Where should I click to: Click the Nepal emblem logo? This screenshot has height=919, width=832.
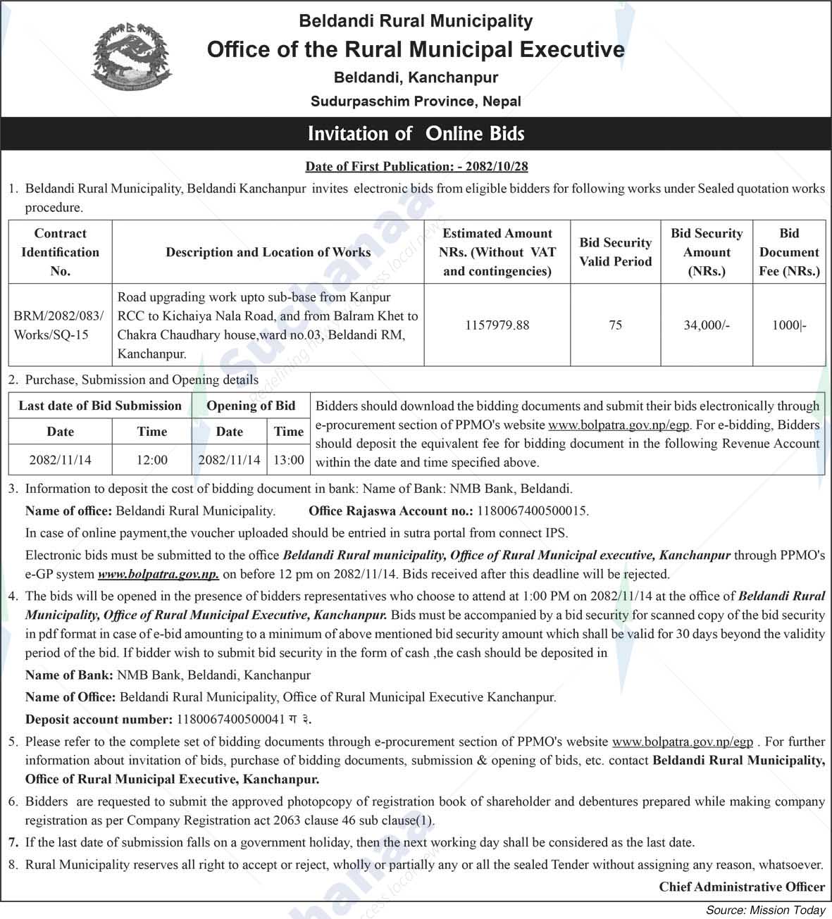click(132, 59)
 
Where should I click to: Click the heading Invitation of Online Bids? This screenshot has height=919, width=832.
click(416, 134)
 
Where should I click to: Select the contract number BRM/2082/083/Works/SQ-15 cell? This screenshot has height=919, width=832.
click(60, 325)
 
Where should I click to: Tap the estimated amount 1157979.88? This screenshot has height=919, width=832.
click(497, 325)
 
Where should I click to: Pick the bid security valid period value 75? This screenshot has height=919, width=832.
click(615, 325)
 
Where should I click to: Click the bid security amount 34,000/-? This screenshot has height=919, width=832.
click(707, 325)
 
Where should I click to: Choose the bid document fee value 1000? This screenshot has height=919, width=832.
click(789, 325)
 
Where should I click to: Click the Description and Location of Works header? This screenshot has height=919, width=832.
click(268, 252)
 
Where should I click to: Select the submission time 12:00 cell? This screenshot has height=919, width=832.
click(152, 460)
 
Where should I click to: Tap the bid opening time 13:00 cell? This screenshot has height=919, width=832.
click(289, 460)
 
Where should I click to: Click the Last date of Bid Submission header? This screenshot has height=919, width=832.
click(100, 406)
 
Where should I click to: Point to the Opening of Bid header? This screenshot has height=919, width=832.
click(251, 406)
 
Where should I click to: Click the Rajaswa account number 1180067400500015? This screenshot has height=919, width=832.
click(533, 511)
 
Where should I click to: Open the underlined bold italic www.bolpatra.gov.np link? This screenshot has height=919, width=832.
click(158, 574)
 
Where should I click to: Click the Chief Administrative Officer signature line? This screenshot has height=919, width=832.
click(742, 887)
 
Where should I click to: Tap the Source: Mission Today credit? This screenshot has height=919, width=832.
click(765, 911)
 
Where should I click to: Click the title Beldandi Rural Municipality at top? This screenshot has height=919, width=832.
click(416, 21)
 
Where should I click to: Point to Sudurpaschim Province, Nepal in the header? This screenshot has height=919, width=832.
click(416, 101)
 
